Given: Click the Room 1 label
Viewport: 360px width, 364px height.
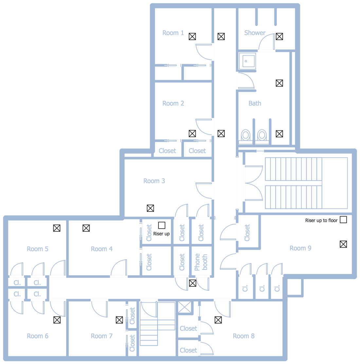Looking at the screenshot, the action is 173,33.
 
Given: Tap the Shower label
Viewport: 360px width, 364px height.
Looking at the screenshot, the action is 255,33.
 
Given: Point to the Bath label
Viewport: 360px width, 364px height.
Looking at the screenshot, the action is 255,103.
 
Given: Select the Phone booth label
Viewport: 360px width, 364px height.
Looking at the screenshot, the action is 201,262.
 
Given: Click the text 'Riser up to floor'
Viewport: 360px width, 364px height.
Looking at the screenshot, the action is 321,220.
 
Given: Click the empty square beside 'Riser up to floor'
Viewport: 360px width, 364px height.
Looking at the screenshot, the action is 343,220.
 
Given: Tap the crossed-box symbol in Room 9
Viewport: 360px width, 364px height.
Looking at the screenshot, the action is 343,244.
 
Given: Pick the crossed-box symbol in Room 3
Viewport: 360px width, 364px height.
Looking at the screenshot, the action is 150,208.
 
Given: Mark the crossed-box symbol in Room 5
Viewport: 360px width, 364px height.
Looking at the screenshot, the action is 57,228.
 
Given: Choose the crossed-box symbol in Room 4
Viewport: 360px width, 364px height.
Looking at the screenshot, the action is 86,228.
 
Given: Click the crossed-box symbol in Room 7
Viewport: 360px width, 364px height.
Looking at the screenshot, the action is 119,320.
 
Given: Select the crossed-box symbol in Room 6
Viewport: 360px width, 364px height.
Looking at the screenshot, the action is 57,320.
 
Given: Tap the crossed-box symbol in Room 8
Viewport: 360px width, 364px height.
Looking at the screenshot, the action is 218,320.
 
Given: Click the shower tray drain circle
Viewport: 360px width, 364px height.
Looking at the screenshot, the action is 246,61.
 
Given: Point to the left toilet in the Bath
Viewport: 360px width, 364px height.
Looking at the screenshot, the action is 246,135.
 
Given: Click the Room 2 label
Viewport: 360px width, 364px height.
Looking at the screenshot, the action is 173,103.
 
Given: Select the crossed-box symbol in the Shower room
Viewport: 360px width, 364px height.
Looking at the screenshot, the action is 279,36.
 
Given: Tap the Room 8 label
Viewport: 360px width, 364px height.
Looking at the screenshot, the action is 243,336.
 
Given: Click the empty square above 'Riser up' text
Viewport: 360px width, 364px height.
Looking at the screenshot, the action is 162,225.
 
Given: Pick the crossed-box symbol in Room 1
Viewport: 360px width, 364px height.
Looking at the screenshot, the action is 192,36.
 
